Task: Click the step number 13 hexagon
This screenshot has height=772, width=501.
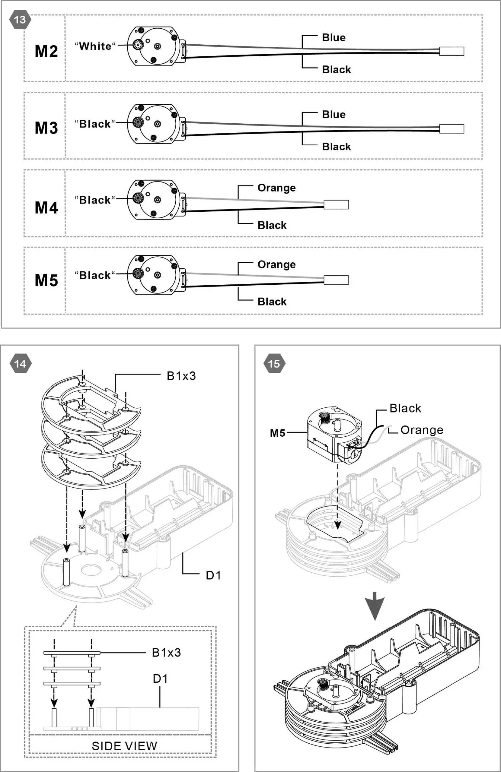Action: coord(20,20)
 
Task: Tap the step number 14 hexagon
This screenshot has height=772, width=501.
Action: coord(21,364)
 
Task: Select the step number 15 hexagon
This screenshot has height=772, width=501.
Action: coord(274,364)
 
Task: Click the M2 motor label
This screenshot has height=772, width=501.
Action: coord(46,51)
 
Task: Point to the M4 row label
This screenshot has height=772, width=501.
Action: coord(46,207)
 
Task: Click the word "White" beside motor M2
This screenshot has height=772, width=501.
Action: coord(95,46)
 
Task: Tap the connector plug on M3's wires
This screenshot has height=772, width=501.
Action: coord(452,128)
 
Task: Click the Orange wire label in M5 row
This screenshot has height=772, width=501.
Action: coord(276,264)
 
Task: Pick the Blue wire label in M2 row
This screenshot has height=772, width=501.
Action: coord(333,38)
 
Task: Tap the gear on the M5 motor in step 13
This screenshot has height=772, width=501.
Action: coord(138,274)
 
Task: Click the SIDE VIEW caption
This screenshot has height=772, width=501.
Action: coord(124,746)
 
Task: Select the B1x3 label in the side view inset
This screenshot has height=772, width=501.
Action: coord(166,652)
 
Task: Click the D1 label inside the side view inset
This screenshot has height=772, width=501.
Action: coord(160,679)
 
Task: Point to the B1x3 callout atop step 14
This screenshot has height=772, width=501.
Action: coord(181,376)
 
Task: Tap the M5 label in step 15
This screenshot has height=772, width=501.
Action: coord(277,433)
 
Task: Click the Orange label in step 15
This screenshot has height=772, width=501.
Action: coord(421,430)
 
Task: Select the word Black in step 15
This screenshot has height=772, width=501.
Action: coord(405,408)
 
